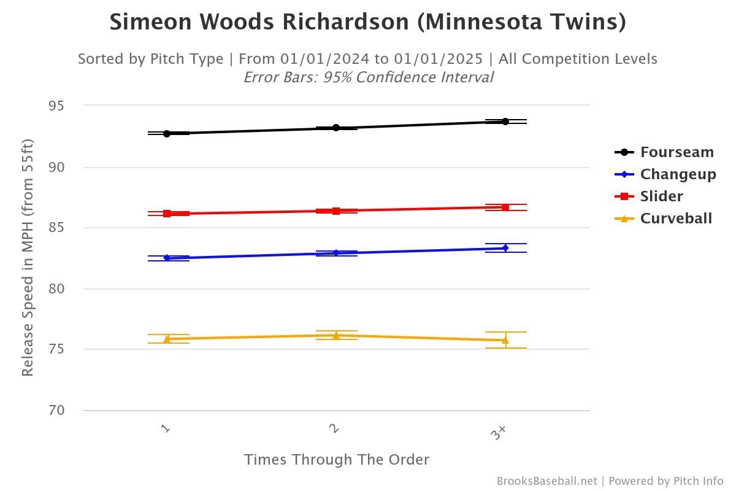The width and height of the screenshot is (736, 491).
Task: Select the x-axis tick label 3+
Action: [499, 433]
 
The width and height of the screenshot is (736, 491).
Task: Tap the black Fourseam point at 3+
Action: [505, 122]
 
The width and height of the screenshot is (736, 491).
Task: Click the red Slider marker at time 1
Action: [167, 214]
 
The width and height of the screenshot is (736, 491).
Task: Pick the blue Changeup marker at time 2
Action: [336, 253]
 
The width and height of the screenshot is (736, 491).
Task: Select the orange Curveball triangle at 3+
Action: [505, 340]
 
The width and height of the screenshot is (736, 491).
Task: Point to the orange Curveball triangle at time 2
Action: [336, 335]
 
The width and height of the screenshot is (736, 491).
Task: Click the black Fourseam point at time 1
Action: [167, 133]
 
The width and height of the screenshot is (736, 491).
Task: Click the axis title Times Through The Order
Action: [336, 460]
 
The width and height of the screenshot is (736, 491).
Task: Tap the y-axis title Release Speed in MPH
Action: [28, 258]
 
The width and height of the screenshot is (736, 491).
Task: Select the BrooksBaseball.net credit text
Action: [546, 481]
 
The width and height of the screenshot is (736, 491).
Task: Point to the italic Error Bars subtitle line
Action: [368, 77]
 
